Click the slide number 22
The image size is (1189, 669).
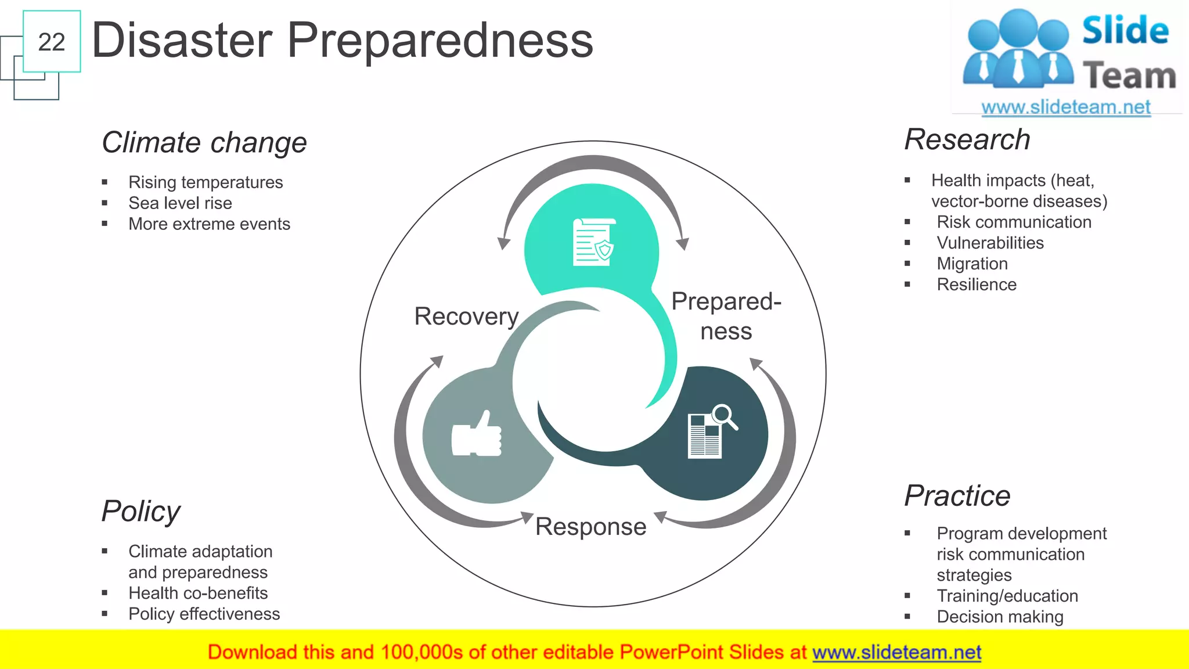[x=51, y=42]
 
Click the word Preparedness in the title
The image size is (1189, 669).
[x=440, y=41]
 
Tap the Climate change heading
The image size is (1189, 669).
[x=204, y=142]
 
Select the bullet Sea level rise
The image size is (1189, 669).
[x=180, y=203]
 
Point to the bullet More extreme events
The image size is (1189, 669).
[x=209, y=224]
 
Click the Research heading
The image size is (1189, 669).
[x=967, y=140]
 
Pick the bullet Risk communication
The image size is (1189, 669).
[x=1014, y=222]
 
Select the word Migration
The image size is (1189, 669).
[x=972, y=264]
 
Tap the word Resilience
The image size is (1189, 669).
[x=977, y=285]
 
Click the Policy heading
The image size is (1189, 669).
[x=141, y=512]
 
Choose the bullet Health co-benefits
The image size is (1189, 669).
[x=198, y=593]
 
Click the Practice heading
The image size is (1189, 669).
[x=957, y=496]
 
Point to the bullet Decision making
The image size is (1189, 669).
[x=1000, y=617]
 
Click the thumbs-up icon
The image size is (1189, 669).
[x=477, y=436]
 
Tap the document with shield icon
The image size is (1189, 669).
[x=593, y=242]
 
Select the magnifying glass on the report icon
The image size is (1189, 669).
[x=725, y=416]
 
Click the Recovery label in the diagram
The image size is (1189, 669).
[x=466, y=316]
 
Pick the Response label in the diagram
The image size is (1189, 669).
[x=590, y=527]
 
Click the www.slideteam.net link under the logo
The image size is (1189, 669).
[x=1065, y=107]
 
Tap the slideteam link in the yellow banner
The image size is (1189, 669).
[x=896, y=652]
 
